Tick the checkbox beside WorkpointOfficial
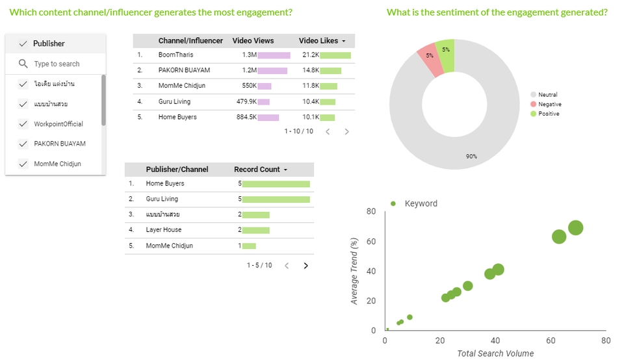coord(23,123)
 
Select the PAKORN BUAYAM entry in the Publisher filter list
coord(59,144)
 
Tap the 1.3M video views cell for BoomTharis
coord(249,55)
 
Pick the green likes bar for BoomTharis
coord(335,55)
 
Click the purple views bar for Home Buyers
coord(268,118)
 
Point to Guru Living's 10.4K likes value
coord(311,101)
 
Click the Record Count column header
coord(260,170)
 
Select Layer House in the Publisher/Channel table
coord(164,230)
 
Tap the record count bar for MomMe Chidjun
coord(249,246)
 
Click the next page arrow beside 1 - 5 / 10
coord(306,265)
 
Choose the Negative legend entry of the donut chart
coord(549,105)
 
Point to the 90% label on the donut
coord(471,156)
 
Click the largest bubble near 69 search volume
coord(575,227)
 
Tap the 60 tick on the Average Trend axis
coord(371,241)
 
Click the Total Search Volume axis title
coord(495,354)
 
